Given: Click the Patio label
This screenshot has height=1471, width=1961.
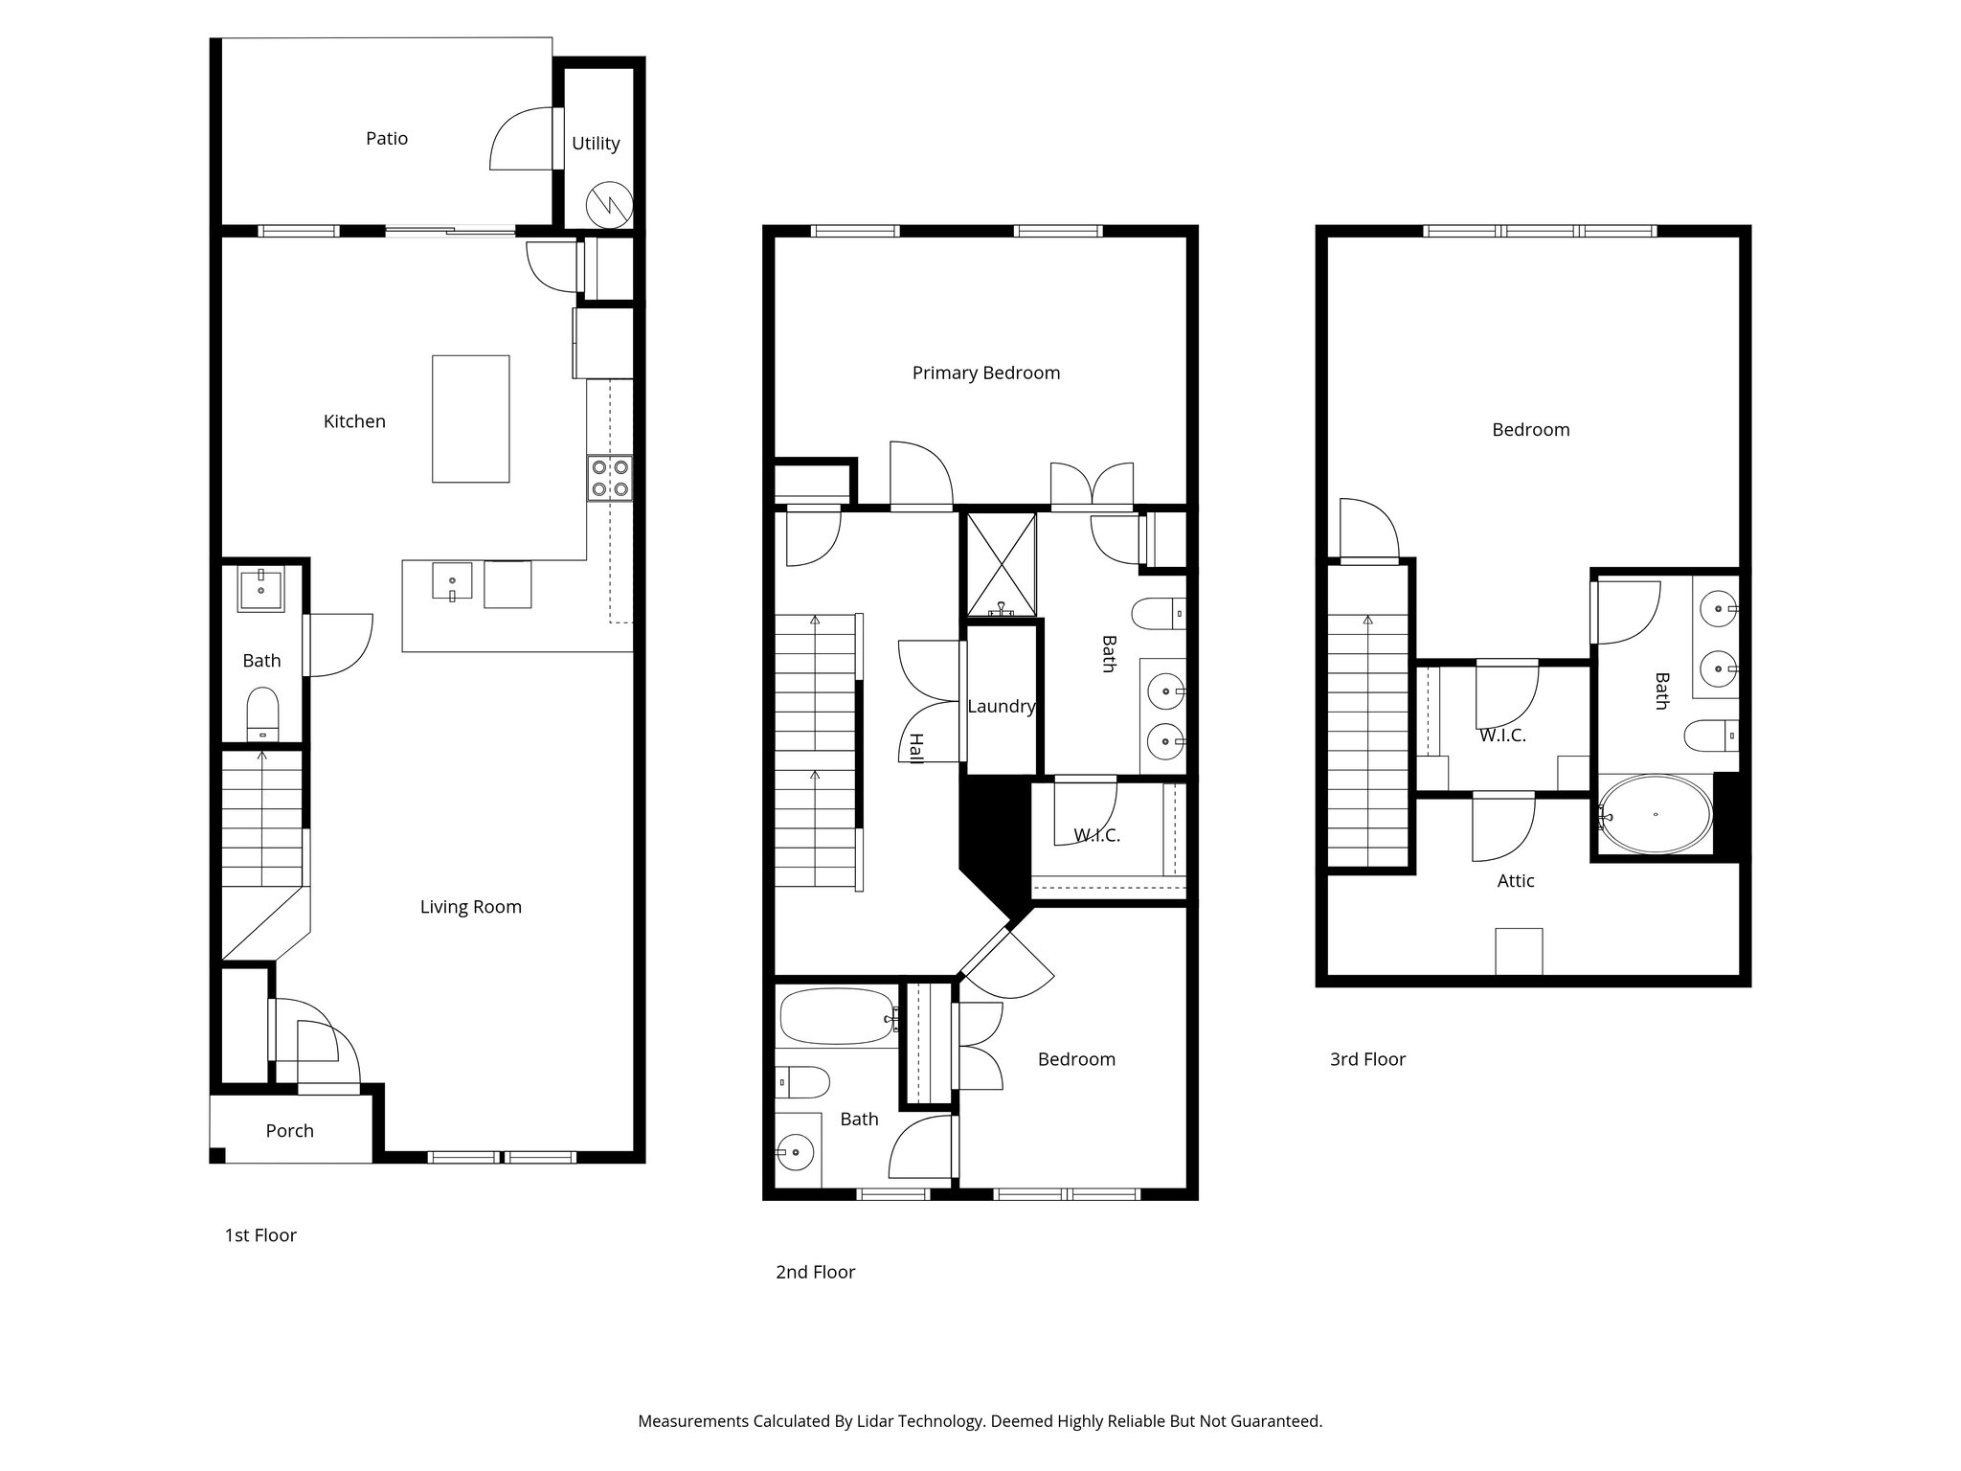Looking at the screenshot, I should (x=387, y=139).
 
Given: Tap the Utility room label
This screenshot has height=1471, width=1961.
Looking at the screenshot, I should (x=596, y=144).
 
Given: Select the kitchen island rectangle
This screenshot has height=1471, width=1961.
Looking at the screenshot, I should (x=470, y=419).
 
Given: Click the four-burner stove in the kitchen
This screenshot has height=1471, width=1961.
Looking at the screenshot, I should (x=610, y=478).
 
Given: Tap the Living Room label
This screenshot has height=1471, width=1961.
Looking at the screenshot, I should (x=470, y=907).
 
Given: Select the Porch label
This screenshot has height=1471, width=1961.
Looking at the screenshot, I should (x=289, y=1131).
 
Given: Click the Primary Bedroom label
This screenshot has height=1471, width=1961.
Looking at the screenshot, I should (x=985, y=373).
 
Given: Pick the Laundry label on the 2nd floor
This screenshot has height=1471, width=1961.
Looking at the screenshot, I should (x=1001, y=707).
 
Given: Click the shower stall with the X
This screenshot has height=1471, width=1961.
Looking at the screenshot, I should (x=1001, y=564).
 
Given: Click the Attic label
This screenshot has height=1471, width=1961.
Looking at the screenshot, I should (x=1516, y=881).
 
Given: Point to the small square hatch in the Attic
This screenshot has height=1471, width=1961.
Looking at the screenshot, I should (x=1519, y=951).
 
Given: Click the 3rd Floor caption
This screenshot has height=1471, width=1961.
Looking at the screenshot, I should (x=1367, y=1059).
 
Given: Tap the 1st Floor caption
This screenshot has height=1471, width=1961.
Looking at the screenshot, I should (x=260, y=1235).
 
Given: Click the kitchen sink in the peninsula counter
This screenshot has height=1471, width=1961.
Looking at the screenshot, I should (x=452, y=581).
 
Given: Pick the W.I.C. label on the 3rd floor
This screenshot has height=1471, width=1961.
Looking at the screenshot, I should (x=1501, y=736).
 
